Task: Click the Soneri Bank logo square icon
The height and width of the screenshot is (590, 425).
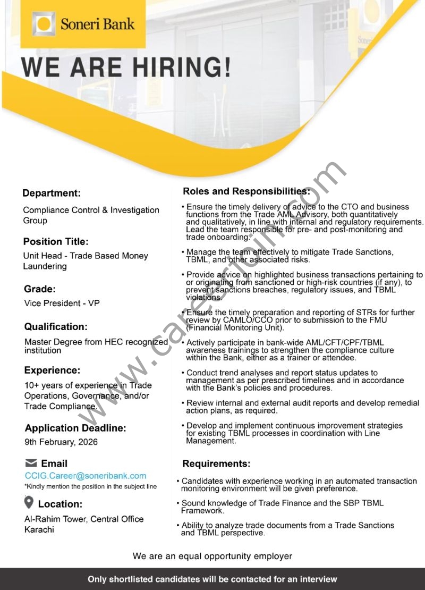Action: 44,24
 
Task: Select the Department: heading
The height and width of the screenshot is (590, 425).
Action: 52,193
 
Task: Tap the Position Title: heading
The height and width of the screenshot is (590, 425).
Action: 56,241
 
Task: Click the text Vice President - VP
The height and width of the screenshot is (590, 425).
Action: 62,304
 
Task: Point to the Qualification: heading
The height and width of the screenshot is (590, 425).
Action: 56,326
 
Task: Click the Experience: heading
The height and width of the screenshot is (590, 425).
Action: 52,370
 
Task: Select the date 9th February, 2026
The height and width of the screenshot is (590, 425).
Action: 61,442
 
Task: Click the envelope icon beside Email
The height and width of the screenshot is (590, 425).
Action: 31,463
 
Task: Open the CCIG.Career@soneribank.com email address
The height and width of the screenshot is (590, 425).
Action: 86,476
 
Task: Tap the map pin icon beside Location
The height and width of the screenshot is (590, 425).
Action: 29,502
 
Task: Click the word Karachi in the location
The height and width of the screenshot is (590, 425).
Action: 39,529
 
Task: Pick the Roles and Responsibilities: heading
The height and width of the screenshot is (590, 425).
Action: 246,191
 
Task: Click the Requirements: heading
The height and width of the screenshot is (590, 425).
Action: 216,463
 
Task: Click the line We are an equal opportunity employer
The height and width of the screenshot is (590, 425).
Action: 212,556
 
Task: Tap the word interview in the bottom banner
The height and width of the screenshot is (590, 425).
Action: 318,579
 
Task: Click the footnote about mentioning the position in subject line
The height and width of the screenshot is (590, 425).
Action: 91,486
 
